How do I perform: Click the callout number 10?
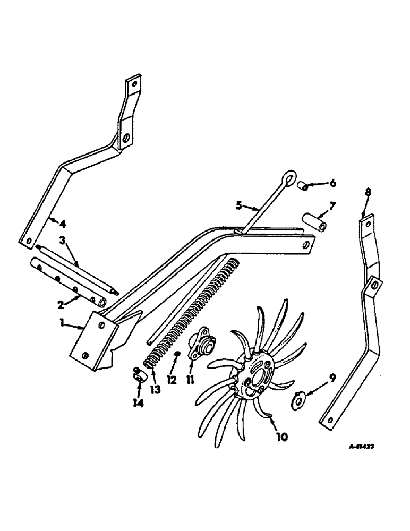coord(281,437)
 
